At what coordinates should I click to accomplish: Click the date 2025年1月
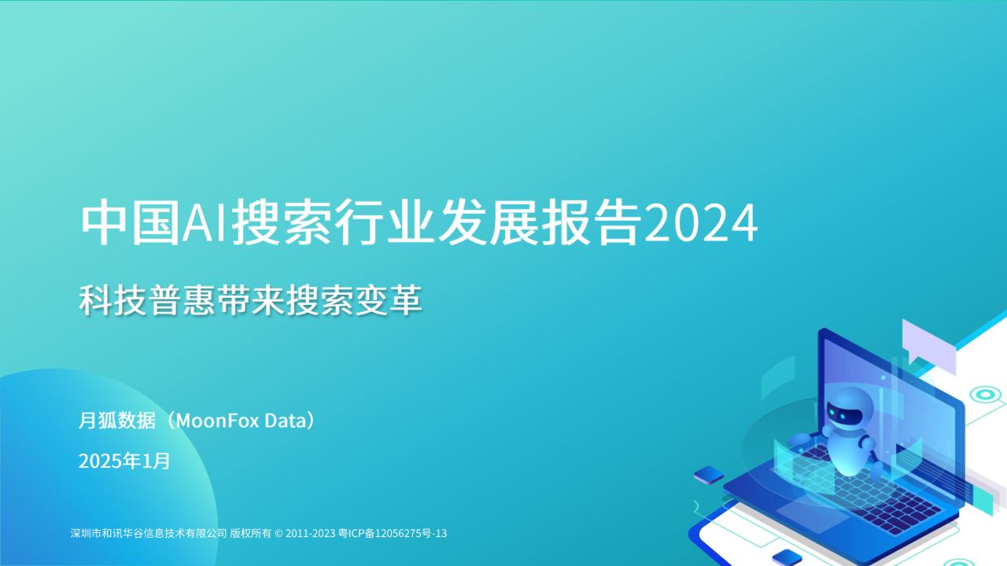[124, 461]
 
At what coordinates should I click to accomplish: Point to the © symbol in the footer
[278, 533]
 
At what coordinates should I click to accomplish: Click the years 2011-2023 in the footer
[311, 533]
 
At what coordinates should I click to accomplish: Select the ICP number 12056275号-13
[411, 533]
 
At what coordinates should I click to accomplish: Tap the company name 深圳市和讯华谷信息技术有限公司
[149, 533]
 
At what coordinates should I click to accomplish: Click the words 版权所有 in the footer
[250, 533]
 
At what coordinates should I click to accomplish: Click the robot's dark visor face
[843, 411]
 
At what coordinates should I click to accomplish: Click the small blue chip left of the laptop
[709, 474]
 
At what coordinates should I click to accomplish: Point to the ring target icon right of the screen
[983, 395]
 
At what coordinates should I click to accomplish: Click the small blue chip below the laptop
[787, 557]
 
